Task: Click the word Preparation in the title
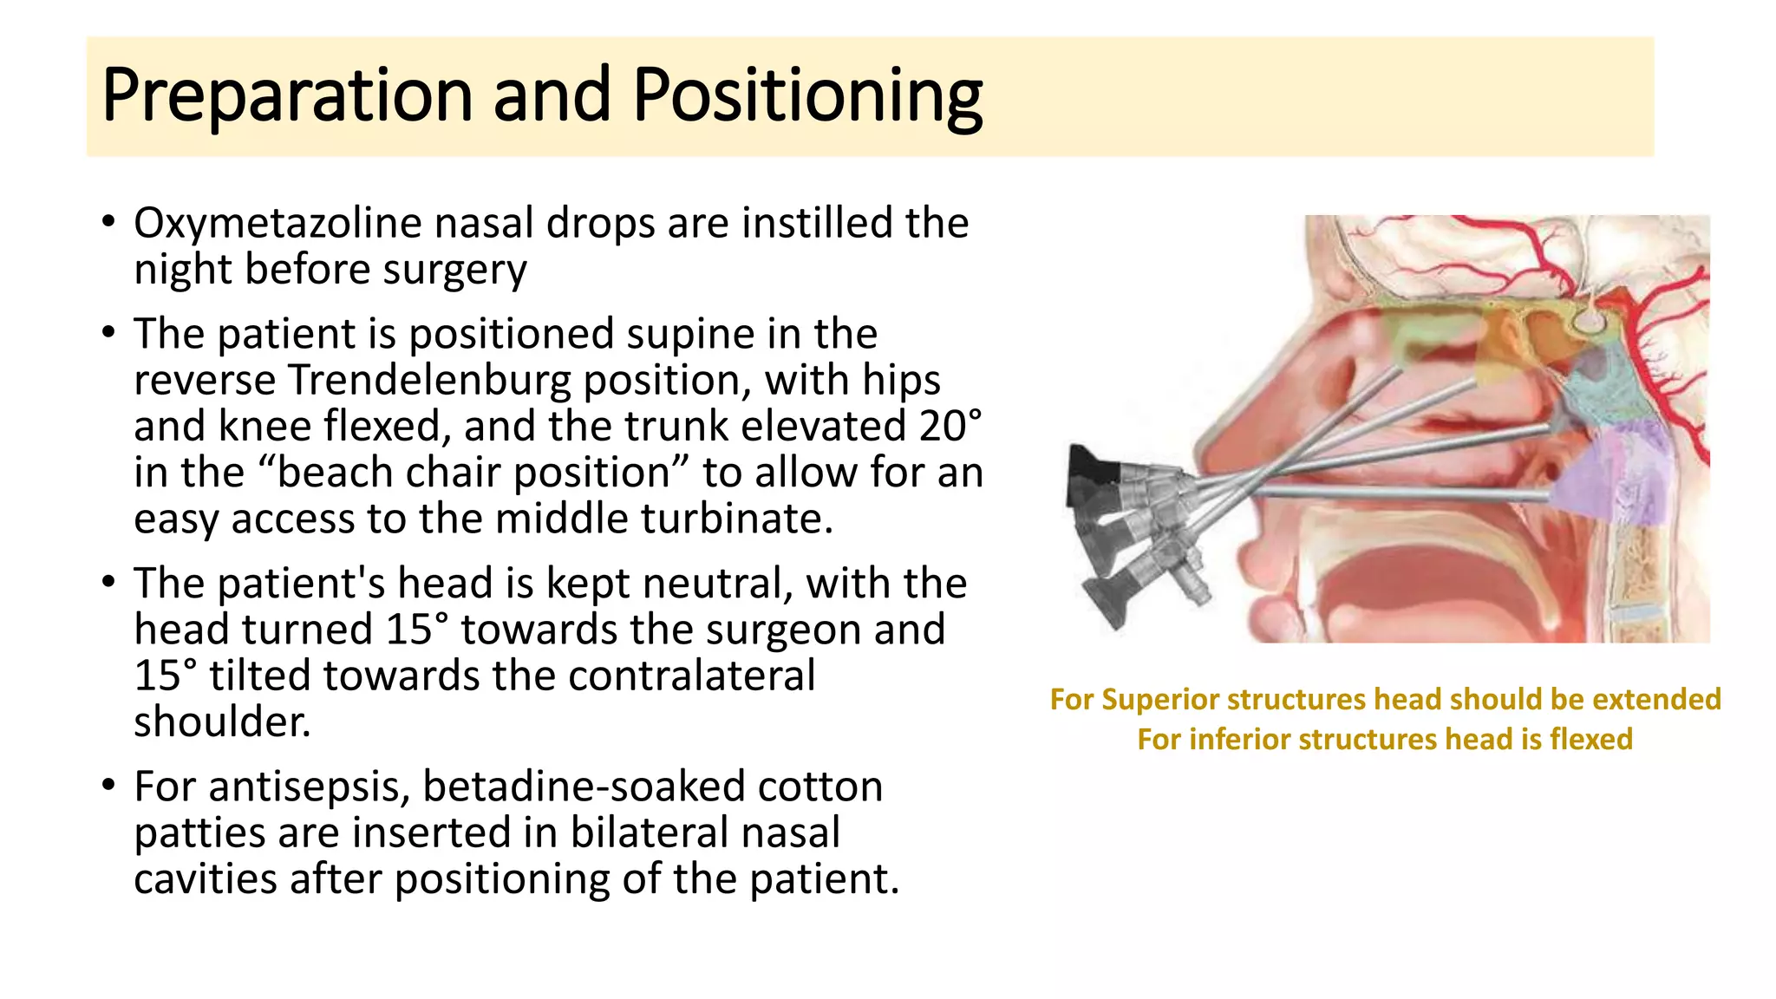(x=286, y=95)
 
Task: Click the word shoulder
(x=221, y=721)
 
